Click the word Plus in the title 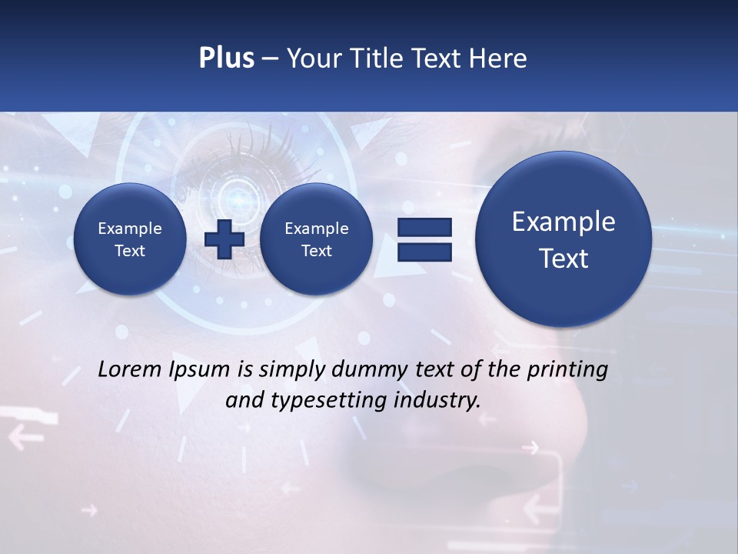tap(226, 58)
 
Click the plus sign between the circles tap(224, 239)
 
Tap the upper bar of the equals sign tap(424, 227)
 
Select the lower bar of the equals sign tap(424, 252)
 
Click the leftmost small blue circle tap(129, 239)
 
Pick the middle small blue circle tap(316, 239)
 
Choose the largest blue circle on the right tap(563, 239)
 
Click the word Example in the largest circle tap(563, 222)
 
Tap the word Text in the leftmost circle tap(129, 251)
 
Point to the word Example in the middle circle tap(316, 229)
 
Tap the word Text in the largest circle tap(563, 259)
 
